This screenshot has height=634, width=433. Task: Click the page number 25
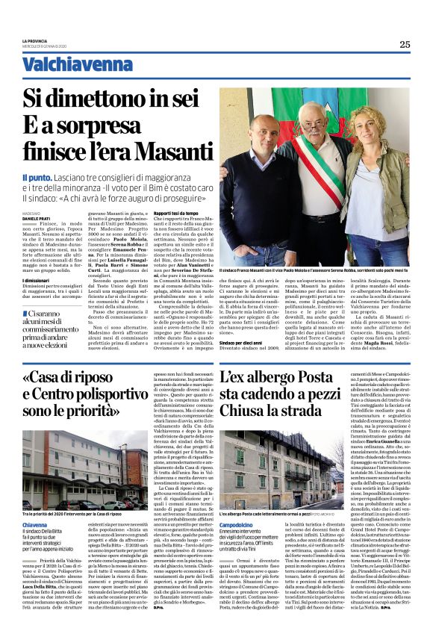coord(404,44)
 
